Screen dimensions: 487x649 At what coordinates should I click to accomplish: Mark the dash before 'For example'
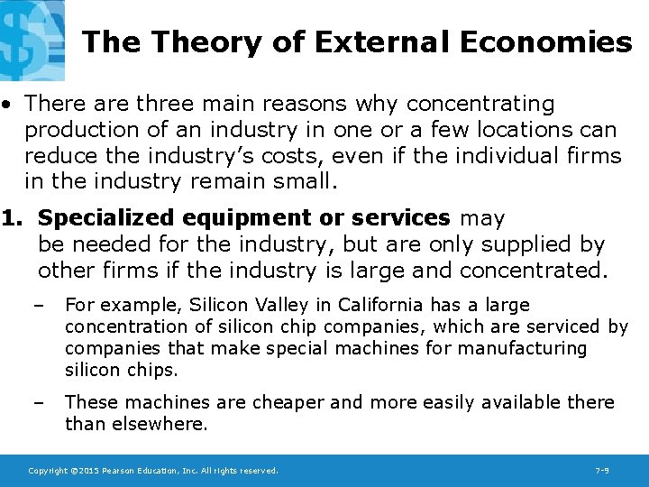coord(37,306)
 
